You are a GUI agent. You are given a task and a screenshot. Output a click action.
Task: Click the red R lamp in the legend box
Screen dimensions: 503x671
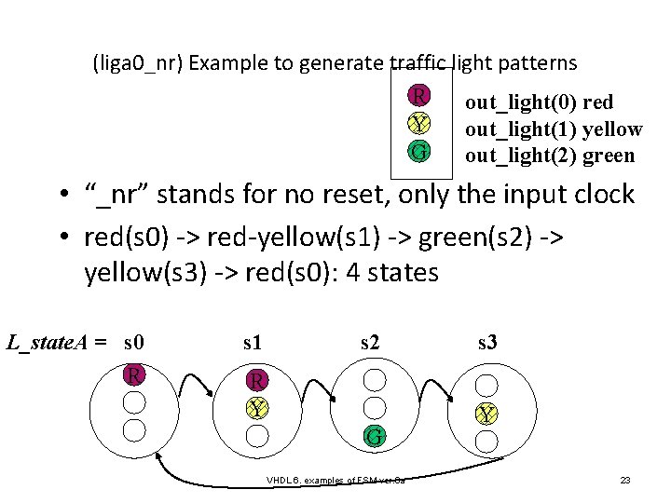tap(419, 96)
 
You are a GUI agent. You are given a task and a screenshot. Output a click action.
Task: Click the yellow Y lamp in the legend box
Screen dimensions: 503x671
tap(419, 124)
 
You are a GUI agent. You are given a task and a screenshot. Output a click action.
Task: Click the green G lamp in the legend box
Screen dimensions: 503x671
tap(419, 151)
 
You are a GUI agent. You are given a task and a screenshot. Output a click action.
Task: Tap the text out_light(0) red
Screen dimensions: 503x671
tap(539, 102)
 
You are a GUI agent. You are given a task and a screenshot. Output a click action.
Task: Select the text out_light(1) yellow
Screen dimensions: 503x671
tap(554, 129)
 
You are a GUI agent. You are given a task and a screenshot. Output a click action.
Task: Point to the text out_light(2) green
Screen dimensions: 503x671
tap(550, 156)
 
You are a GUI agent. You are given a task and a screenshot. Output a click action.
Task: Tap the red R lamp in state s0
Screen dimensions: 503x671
tap(135, 374)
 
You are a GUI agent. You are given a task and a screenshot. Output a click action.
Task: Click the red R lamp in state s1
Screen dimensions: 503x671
tap(257, 380)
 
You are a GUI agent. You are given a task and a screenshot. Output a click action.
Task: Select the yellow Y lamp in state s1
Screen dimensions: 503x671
tap(257, 408)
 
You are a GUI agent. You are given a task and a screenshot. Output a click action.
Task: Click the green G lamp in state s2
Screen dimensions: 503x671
tap(374, 435)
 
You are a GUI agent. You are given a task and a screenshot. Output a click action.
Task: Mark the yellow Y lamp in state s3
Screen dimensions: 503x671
tap(486, 414)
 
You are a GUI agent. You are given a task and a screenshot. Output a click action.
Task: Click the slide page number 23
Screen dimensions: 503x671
tap(625, 481)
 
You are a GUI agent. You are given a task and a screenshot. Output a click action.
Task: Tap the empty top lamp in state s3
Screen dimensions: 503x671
tap(486, 382)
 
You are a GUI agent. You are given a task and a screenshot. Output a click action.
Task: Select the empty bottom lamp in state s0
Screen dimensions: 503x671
tap(135, 429)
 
